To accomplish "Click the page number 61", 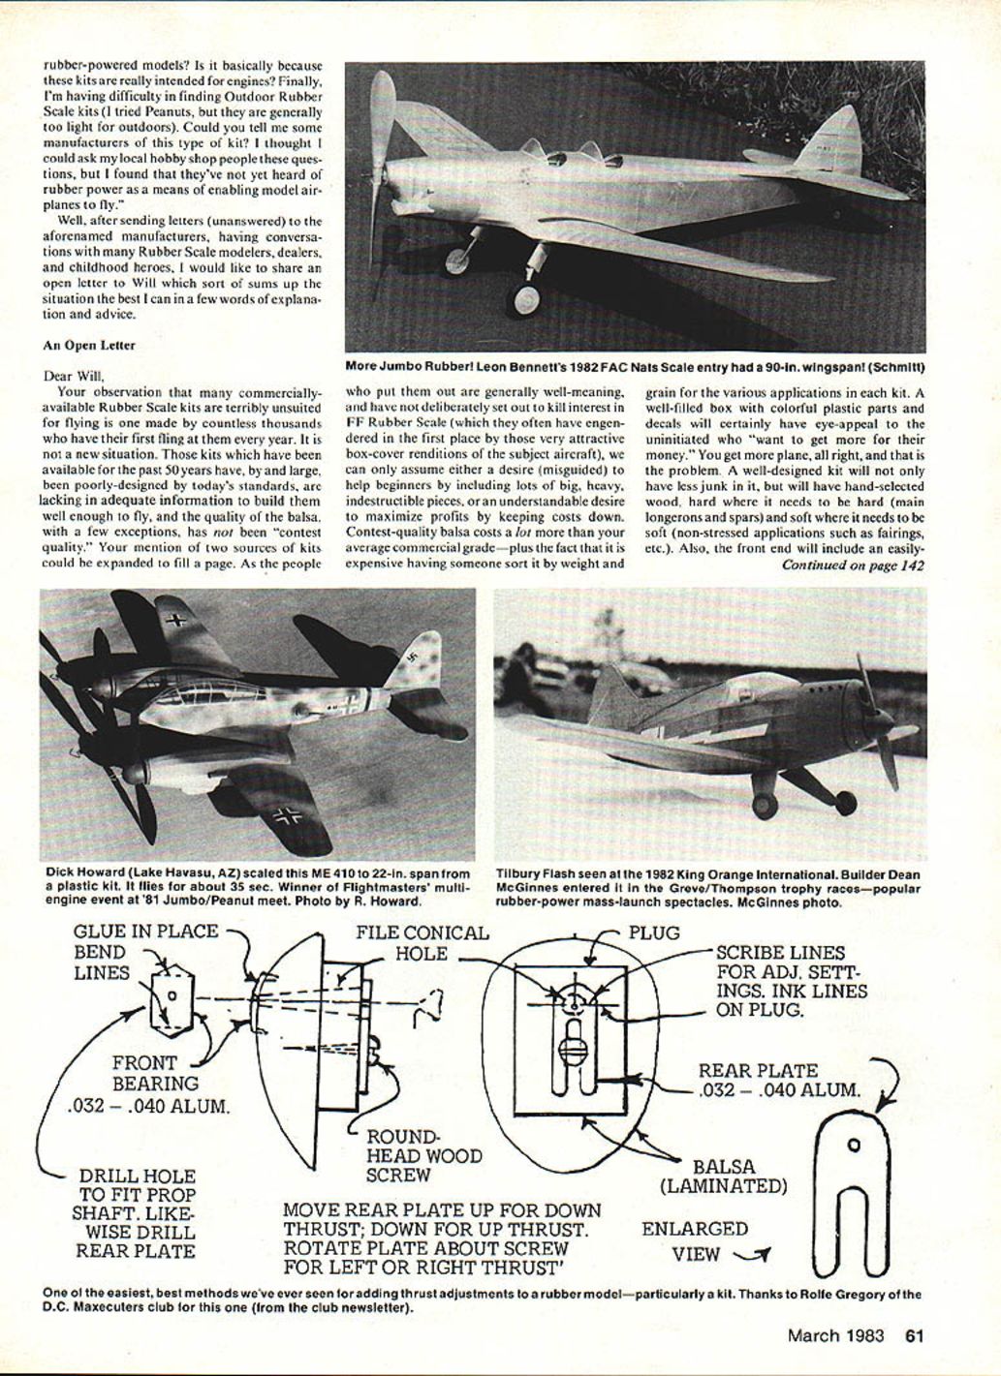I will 914,1336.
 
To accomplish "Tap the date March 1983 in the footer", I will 836,1336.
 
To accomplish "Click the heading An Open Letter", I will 89,345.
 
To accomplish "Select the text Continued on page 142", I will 853,566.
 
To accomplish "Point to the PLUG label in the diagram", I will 654,933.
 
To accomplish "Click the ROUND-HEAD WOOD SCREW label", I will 423,1155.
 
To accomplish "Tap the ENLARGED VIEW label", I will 695,1240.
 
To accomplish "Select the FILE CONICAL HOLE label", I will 422,943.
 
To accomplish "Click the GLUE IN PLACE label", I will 146,932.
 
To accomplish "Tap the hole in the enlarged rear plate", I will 853,1146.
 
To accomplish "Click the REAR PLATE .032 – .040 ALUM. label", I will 778,1080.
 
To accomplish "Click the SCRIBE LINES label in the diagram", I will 780,952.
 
